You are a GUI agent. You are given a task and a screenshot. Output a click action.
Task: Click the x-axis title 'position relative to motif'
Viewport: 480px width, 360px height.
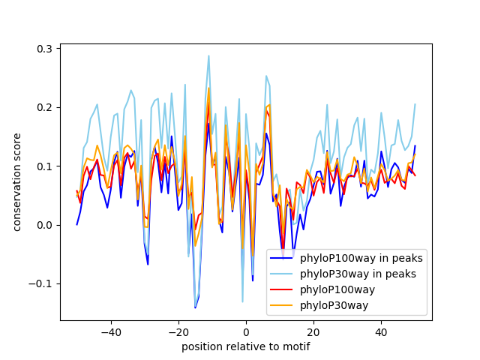[x=245, y=346]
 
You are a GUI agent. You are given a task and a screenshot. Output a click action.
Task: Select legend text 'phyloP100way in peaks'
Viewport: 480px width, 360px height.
[x=361, y=258]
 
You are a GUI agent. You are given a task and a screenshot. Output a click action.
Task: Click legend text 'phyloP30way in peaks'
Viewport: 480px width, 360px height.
[x=358, y=274]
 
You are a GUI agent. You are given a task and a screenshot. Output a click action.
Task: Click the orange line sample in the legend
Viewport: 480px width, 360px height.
[x=282, y=305]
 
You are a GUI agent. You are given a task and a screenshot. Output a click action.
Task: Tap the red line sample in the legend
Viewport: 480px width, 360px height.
[x=282, y=289]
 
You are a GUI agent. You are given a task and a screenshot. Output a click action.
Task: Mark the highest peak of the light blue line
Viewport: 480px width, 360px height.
[x=208, y=55]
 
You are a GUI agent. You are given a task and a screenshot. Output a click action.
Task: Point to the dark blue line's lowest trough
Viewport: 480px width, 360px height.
[x=195, y=307]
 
